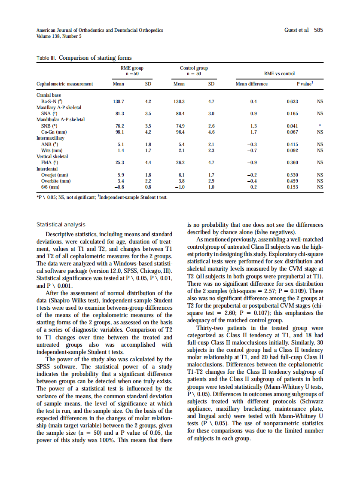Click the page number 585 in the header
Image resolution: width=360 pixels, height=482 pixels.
point(318,30)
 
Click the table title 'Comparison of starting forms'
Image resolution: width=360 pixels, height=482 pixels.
point(95,58)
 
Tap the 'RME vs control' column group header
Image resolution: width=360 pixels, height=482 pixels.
point(279,74)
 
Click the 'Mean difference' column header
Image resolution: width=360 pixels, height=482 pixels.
point(252,84)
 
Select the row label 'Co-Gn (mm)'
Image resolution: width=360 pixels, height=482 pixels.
point(53,132)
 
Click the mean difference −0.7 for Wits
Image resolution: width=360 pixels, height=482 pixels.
point(253,151)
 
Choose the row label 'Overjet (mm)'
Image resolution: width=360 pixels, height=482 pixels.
point(55,175)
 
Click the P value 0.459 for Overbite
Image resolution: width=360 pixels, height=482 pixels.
point(293,181)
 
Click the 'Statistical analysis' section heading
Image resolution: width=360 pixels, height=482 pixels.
point(61,225)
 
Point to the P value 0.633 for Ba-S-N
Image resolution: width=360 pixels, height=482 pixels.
point(293,101)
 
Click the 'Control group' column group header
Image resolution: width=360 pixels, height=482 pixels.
point(193,68)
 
